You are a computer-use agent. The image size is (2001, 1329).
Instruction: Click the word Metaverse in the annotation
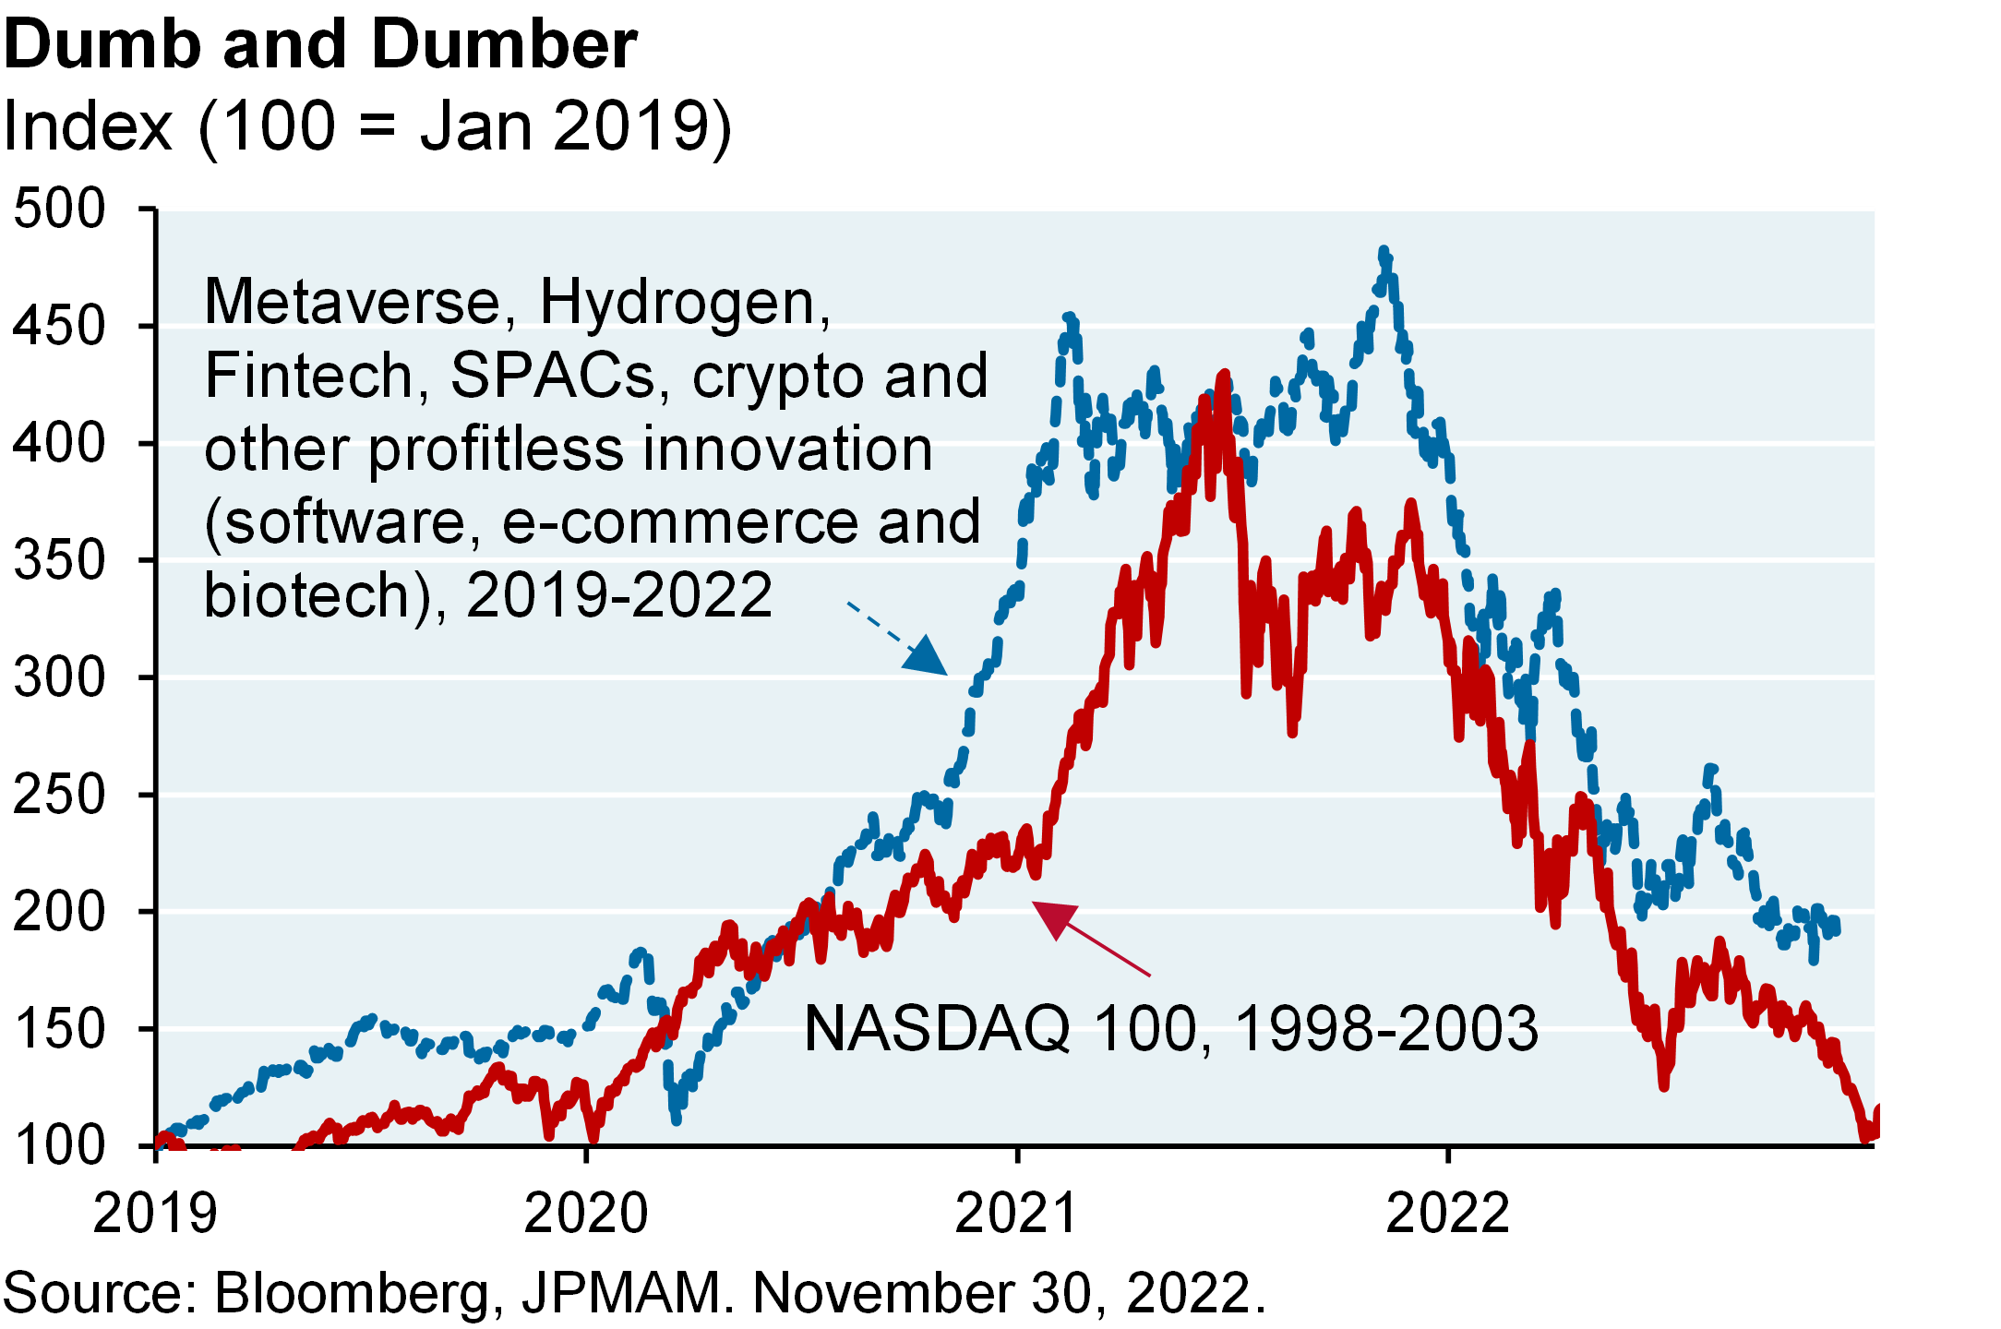351,303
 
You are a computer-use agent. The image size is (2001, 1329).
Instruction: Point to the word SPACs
551,377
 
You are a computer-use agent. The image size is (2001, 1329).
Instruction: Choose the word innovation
786,450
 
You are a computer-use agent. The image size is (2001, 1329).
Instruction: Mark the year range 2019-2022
619,595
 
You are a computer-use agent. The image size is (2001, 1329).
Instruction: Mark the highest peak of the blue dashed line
1383,251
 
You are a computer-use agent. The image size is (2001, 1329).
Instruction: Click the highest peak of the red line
1225,375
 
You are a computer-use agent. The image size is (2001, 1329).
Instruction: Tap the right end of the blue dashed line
1835,926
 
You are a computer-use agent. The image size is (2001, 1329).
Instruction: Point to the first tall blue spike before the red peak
1069,319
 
